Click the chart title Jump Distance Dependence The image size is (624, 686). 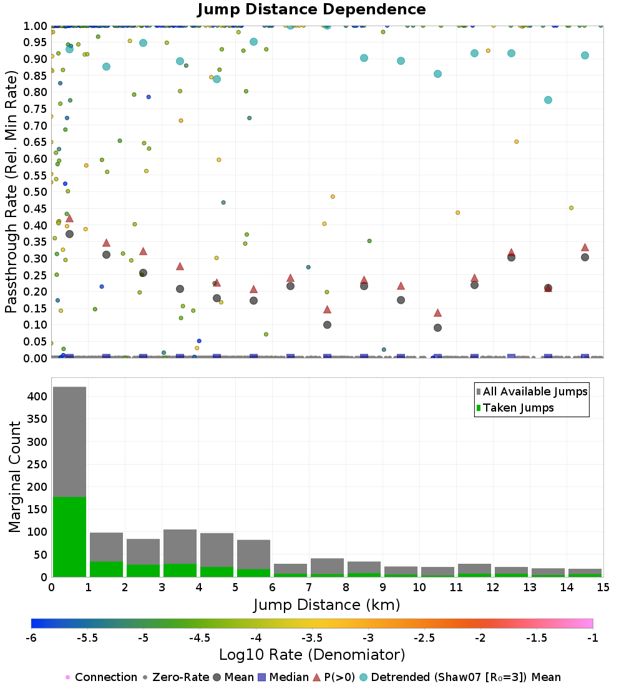point(311,9)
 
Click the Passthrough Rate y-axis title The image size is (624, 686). point(11,191)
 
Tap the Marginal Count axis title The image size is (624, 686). point(14,477)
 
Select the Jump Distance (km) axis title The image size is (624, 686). point(327,605)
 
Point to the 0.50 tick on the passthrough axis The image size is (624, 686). point(35,192)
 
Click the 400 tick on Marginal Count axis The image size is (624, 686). point(37,397)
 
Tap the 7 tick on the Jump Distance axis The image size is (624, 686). point(309,587)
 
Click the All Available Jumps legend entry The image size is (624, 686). point(532,392)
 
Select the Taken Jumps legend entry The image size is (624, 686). point(515,408)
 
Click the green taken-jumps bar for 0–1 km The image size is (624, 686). point(70,537)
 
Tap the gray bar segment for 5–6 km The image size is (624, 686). point(253,555)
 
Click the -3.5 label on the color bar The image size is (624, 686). point(313,638)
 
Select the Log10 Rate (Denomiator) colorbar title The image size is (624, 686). point(312,655)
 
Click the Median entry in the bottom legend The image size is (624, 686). point(283,677)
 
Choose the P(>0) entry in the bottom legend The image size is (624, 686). point(334,677)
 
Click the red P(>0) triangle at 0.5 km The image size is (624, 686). point(69,219)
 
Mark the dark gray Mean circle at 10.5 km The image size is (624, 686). point(437,327)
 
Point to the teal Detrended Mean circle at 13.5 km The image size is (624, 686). point(548,100)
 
